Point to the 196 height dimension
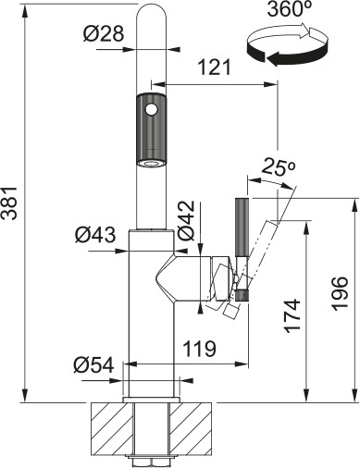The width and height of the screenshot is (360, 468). coord(340,294)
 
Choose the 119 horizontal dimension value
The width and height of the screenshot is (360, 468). coord(200,350)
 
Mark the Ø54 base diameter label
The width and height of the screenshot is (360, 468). coord(95,365)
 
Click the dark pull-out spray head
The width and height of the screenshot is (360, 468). coord(151,130)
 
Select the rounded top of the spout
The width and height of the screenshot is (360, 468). coord(151,13)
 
